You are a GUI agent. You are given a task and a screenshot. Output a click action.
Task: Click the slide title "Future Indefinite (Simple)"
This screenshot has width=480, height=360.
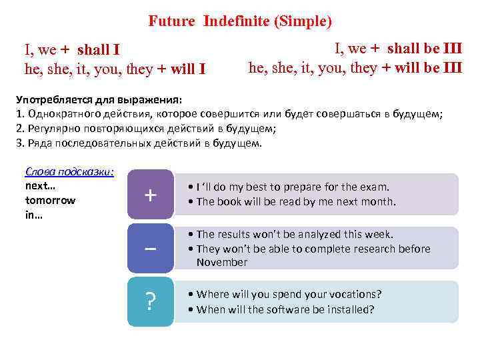(x=239, y=21)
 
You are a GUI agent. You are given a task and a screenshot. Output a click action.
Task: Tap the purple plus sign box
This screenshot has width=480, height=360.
(x=151, y=194)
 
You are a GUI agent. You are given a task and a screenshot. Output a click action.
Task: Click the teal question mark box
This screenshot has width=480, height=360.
(x=151, y=302)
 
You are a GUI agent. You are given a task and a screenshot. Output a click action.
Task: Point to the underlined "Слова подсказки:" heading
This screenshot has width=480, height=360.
(x=69, y=172)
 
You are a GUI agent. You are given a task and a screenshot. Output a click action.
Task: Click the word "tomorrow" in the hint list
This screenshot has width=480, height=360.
(x=50, y=200)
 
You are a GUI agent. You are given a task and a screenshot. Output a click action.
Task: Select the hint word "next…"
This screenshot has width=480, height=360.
(x=40, y=186)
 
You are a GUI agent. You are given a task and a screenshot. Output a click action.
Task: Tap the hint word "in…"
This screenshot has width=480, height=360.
(x=34, y=215)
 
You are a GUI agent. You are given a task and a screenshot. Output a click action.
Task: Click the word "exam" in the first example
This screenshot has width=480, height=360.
(x=375, y=187)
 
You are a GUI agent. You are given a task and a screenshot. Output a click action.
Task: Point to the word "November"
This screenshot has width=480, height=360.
(x=222, y=263)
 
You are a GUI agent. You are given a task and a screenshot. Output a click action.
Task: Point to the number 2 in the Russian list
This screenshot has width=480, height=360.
(x=19, y=129)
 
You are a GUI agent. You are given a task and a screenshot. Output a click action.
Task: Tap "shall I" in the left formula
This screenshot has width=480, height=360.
(x=99, y=50)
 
